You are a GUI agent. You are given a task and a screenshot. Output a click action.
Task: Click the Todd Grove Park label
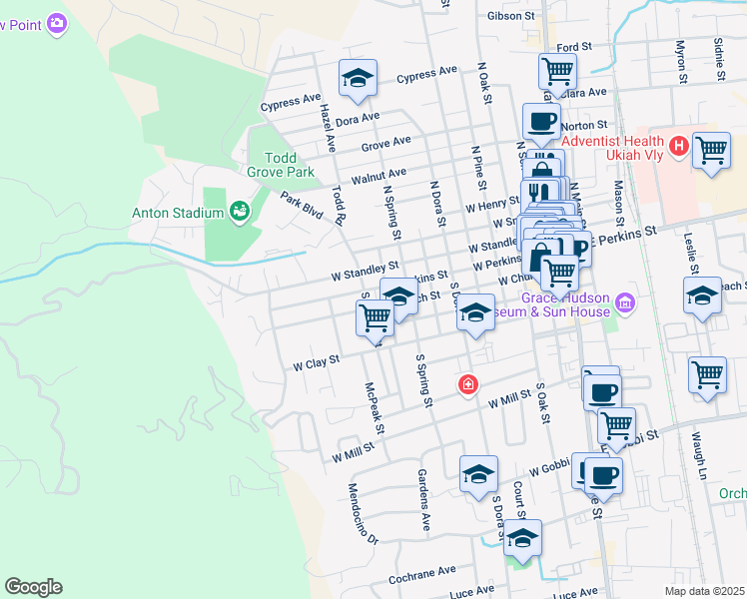[289, 166]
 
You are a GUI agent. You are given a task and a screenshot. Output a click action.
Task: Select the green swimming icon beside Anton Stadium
[239, 210]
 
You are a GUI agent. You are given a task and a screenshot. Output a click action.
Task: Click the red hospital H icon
[680, 147]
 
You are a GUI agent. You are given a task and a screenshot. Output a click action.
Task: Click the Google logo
[33, 587]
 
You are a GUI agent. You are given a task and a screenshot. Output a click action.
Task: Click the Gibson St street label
[512, 16]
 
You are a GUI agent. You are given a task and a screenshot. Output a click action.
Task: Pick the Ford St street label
[574, 47]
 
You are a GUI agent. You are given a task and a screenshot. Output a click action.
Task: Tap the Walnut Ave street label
[375, 174]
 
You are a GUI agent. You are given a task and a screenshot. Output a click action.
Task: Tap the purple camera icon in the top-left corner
[57, 21]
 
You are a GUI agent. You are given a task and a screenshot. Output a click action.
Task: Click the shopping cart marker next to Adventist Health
[710, 151]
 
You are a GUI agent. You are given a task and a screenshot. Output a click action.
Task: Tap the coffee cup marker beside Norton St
[540, 122]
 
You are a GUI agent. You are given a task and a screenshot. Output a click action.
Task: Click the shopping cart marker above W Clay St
[374, 318]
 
